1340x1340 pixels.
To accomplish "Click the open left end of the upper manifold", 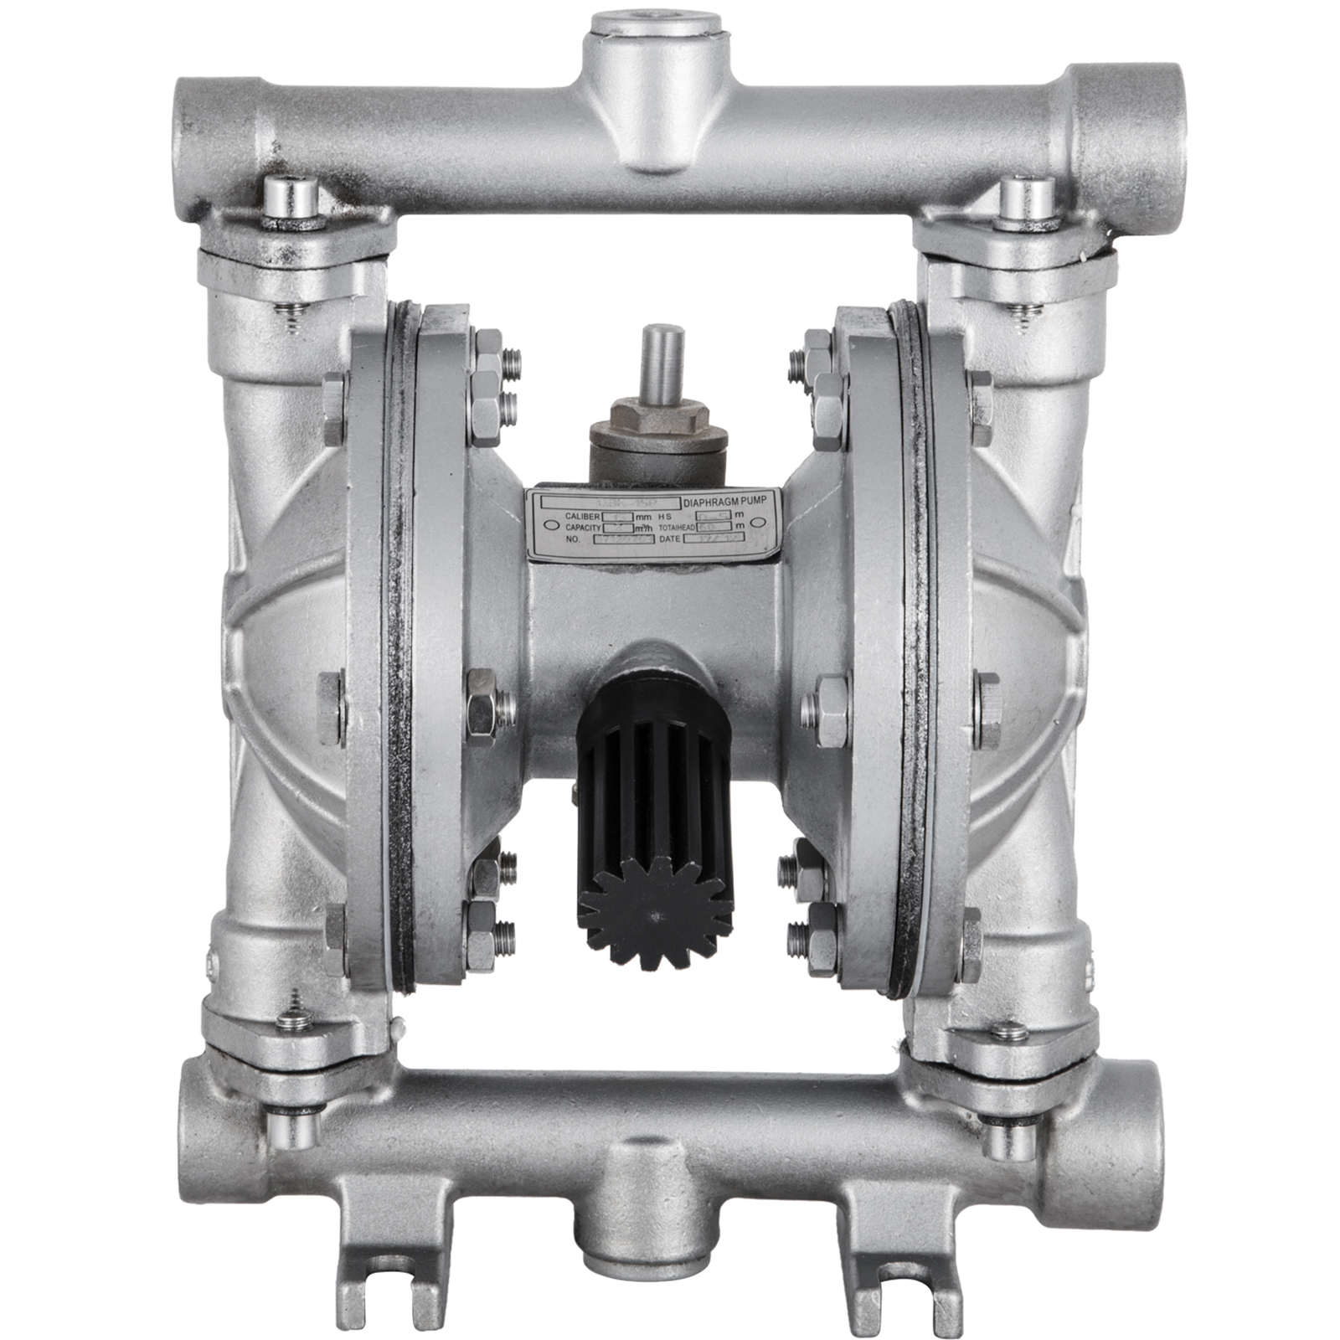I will tap(194, 117).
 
